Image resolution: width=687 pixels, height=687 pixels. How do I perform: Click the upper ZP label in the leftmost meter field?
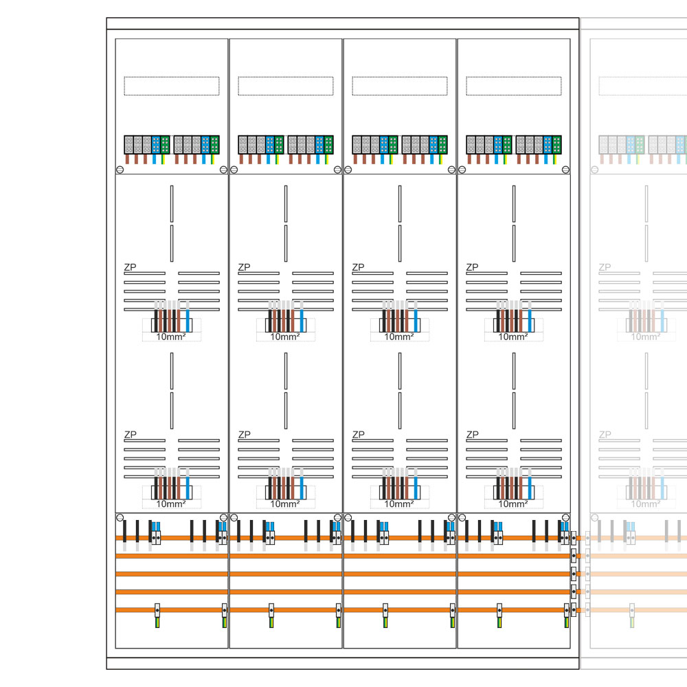[129, 267]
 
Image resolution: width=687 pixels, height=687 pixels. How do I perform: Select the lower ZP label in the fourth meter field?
[472, 434]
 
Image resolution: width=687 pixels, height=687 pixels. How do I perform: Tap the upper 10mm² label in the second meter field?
[284, 337]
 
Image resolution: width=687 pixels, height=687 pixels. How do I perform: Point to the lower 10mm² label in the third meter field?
[398, 504]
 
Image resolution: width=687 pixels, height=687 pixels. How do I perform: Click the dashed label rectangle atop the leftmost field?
[171, 86]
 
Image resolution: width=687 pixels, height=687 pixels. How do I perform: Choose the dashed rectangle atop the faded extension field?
[642, 86]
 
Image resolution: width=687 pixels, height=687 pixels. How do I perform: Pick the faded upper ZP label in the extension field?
[605, 267]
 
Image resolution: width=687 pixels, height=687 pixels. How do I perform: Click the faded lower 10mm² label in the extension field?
[645, 504]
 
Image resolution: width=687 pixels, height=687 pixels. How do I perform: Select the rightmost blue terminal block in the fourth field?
[548, 144]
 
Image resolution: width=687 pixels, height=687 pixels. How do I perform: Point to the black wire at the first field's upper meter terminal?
[156, 318]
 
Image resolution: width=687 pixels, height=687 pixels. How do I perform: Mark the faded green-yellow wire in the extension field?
[631, 620]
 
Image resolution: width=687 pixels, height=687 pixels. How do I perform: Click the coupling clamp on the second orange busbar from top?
[574, 556]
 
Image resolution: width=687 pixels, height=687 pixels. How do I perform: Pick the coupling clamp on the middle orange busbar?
[574, 574]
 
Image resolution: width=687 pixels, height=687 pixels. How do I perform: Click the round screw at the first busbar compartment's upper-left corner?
[120, 517]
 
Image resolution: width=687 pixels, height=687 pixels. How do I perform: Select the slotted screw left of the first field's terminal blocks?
[120, 169]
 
